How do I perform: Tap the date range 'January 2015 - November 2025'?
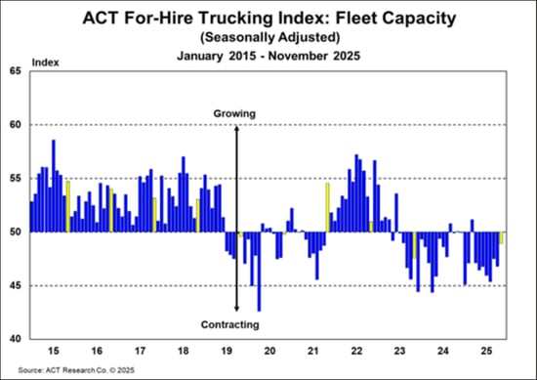click(x=268, y=55)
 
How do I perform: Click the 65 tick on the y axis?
click(x=15, y=71)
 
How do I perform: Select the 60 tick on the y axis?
click(x=15, y=125)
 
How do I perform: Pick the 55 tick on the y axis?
click(x=15, y=179)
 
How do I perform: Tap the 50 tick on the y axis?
click(x=15, y=232)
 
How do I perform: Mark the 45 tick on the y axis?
click(x=15, y=285)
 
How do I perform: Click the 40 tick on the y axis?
click(x=15, y=339)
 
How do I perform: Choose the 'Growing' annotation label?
click(x=234, y=114)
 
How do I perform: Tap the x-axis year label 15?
click(x=55, y=350)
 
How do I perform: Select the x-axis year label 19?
click(x=226, y=350)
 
